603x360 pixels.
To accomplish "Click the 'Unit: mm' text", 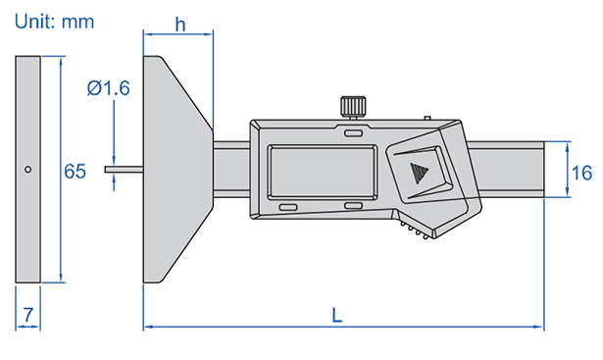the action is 54,22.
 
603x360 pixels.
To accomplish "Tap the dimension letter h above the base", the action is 180,25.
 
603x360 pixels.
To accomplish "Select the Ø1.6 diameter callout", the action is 109,88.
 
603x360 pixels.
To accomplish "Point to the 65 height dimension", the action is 75,171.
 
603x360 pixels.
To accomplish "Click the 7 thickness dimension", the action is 28,315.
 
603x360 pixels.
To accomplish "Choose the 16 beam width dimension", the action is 581,173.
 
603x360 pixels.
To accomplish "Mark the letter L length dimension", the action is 337,316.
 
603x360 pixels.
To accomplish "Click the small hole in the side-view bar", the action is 27,170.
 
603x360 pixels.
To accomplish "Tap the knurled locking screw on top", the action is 353,107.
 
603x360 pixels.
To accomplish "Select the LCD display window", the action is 323,172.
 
